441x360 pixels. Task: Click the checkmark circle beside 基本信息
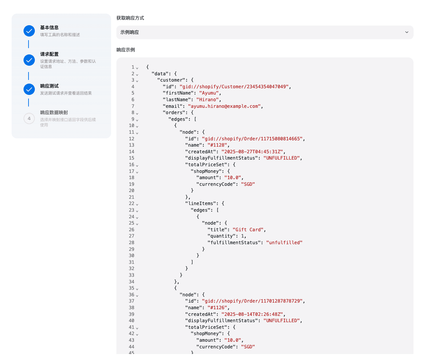(x=29, y=31)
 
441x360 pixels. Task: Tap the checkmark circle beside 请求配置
(x=29, y=60)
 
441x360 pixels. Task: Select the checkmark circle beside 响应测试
(x=29, y=89)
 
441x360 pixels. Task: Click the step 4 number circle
(x=29, y=118)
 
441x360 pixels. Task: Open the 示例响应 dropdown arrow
(x=407, y=32)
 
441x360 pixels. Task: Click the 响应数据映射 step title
(x=54, y=112)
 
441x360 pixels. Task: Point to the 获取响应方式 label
(x=130, y=18)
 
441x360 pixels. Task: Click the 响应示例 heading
(x=126, y=50)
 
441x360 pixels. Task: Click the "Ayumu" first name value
(x=209, y=93)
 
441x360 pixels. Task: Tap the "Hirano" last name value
(x=208, y=100)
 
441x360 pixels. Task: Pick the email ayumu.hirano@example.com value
(x=224, y=106)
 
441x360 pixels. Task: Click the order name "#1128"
(x=217, y=145)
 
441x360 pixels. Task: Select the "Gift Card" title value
(x=248, y=230)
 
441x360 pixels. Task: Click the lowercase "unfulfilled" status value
(x=284, y=243)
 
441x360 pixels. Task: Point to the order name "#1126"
(x=217, y=308)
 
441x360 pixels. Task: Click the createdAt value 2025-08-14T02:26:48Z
(x=252, y=314)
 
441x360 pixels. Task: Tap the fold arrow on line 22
(x=137, y=204)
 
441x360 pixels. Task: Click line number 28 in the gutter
(x=132, y=243)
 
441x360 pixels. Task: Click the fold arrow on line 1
(x=137, y=68)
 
